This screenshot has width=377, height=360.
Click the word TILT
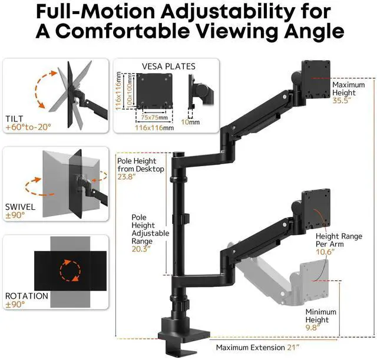[15, 118]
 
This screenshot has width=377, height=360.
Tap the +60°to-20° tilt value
[28, 127]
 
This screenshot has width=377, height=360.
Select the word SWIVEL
[20, 207]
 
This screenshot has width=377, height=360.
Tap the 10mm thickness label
[194, 123]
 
